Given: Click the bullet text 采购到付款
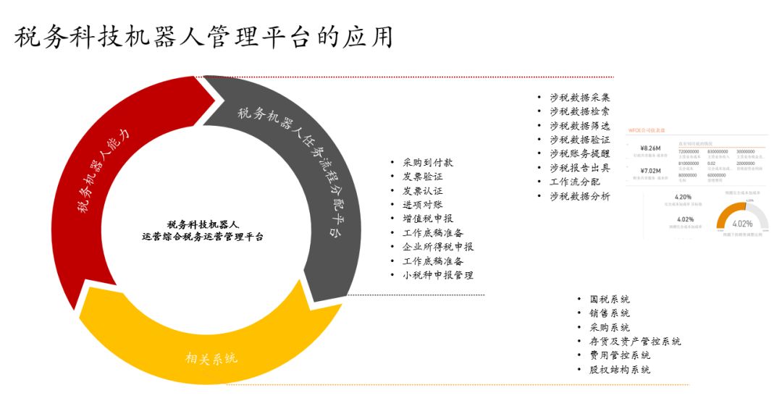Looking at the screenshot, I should click(428, 163).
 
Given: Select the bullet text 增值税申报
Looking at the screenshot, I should click(428, 219).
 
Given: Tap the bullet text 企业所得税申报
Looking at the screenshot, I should click(438, 247).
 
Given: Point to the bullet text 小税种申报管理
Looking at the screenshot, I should click(438, 275).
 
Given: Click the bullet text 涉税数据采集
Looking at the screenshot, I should click(579, 98).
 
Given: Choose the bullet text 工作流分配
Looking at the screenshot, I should click(574, 182).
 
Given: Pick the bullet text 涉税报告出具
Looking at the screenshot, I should click(579, 168).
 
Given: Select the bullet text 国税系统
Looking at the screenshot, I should click(609, 300).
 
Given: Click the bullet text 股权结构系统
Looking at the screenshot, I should click(619, 370).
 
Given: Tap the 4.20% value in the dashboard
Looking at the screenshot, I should click(684, 197).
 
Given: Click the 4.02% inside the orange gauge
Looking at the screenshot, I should click(741, 224).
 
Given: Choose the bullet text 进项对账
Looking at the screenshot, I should click(423, 205).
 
